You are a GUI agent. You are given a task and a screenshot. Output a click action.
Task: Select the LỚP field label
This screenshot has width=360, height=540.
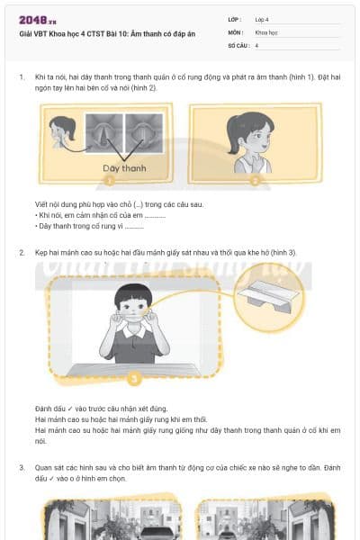[x=236, y=19]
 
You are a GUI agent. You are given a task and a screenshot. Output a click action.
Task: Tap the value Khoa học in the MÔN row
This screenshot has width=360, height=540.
[x=267, y=31]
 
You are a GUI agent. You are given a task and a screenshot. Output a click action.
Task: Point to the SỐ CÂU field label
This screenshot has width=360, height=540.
[x=239, y=44]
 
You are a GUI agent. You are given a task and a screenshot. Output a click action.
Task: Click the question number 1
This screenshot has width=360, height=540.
[x=22, y=77]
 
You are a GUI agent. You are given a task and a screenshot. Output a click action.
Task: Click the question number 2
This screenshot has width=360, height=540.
[x=22, y=253]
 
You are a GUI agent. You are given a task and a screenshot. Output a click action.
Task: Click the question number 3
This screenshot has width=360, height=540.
[x=22, y=468]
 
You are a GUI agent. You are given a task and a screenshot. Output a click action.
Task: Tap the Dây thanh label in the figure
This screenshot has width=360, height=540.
[x=122, y=168]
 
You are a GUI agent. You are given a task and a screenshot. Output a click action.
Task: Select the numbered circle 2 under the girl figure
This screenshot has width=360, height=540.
[x=255, y=181]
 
